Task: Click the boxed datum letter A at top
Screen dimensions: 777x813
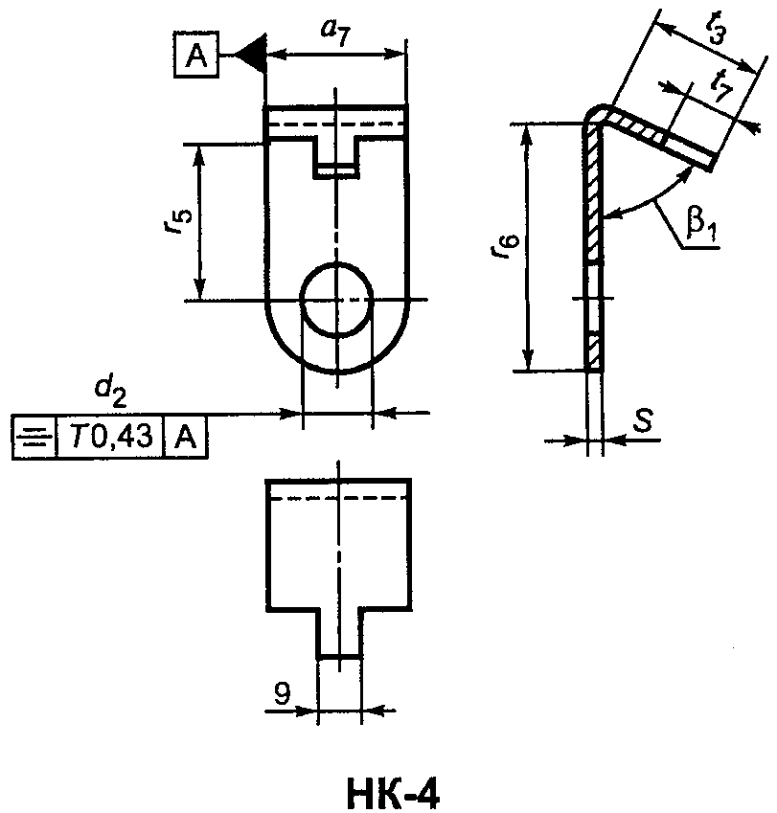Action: click(x=195, y=55)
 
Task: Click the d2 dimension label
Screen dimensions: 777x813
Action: click(x=110, y=394)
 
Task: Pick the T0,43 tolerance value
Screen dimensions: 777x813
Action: click(x=110, y=437)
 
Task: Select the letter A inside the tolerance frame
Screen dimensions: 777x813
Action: click(x=186, y=437)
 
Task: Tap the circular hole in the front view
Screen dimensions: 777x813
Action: click(x=337, y=301)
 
